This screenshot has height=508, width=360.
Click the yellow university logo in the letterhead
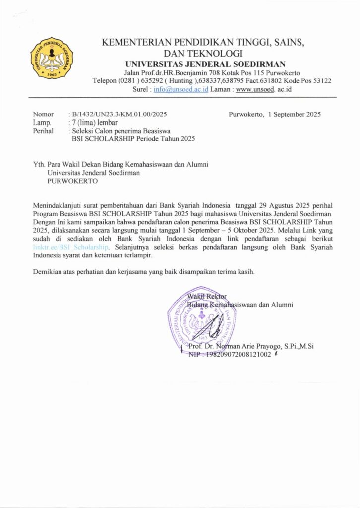pos(52,58)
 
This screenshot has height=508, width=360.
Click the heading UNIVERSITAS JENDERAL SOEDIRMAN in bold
pos(205,63)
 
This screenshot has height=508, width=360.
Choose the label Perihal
pos(43,131)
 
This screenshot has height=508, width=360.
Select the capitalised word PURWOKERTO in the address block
pos(72,181)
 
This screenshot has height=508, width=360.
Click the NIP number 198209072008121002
pos(239,354)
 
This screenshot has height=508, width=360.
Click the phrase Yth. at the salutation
pos(39,164)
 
